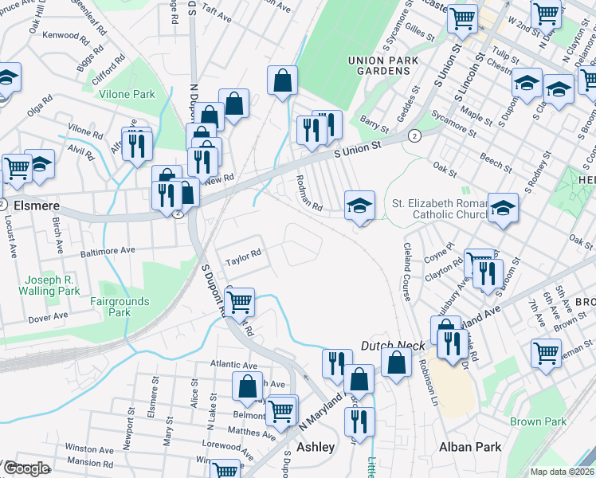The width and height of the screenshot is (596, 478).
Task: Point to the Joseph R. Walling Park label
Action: click(x=52, y=286)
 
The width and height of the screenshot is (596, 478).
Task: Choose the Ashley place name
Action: click(x=316, y=447)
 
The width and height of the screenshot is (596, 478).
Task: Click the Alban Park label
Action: click(x=471, y=447)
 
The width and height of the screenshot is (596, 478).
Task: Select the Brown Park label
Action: click(x=538, y=421)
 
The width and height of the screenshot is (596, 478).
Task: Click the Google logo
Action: click(x=25, y=468)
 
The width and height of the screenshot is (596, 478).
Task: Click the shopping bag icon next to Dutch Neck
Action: click(x=396, y=362)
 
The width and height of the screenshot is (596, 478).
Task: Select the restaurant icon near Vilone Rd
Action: click(x=137, y=144)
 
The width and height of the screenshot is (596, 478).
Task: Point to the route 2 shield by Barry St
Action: click(x=414, y=136)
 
